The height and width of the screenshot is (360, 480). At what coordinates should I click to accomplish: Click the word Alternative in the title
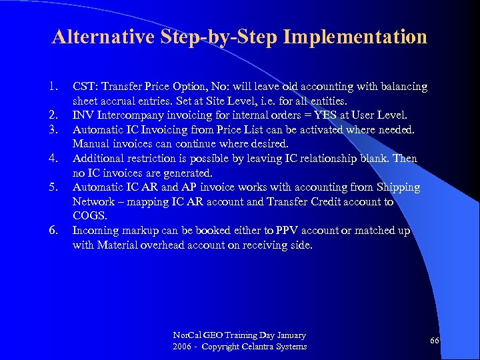(x=105, y=37)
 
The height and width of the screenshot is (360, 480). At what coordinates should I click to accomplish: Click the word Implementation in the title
(x=355, y=37)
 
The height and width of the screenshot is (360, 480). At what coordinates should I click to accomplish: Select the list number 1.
(x=53, y=87)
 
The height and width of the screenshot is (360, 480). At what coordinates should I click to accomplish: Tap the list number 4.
(x=53, y=158)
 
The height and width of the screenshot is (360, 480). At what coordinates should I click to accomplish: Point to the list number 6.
(x=53, y=231)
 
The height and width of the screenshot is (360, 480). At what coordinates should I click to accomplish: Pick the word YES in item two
(x=327, y=115)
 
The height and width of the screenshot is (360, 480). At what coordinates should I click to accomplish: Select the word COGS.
(x=90, y=216)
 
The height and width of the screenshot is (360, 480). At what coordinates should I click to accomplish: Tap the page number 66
(x=434, y=341)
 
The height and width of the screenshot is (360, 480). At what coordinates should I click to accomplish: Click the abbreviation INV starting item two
(x=83, y=115)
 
